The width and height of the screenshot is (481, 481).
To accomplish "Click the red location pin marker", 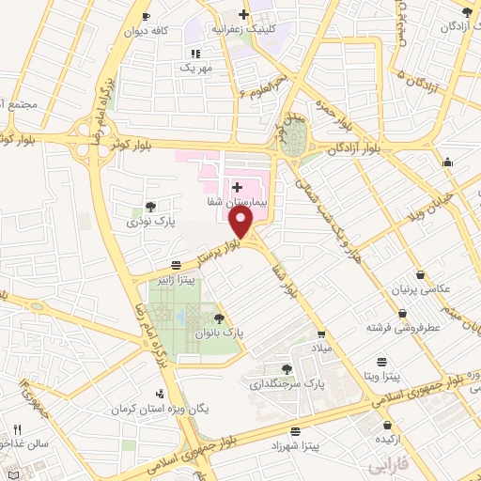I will point(243,222).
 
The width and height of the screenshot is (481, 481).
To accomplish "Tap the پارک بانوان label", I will point(219,334).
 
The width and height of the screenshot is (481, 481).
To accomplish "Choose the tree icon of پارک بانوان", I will point(219,319).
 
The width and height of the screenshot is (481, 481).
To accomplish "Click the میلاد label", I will point(322,348).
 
